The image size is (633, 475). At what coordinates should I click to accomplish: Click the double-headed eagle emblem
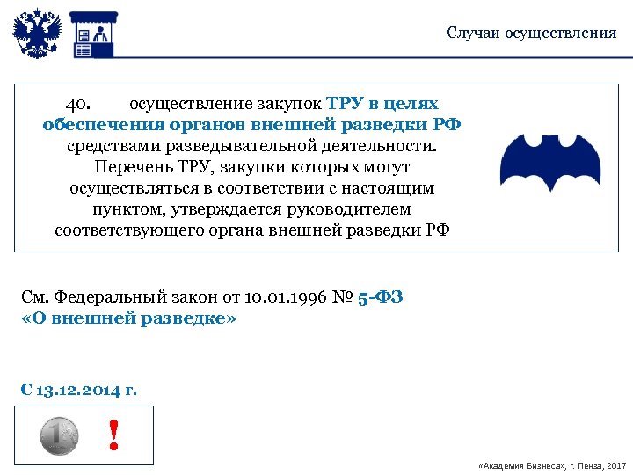(36, 33)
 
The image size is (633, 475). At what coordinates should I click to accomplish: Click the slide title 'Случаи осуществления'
(531, 33)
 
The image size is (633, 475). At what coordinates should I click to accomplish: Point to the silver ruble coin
(59, 435)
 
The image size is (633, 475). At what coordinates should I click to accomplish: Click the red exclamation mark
(113, 435)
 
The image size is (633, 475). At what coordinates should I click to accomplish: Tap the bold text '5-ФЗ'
(380, 297)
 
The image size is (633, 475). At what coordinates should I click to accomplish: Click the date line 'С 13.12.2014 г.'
(78, 389)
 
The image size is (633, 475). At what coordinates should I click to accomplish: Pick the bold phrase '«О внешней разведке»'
(127, 318)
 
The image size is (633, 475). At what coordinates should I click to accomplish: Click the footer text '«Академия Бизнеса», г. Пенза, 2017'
(549, 464)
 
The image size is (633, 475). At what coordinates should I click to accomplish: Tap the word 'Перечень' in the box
(130, 167)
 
